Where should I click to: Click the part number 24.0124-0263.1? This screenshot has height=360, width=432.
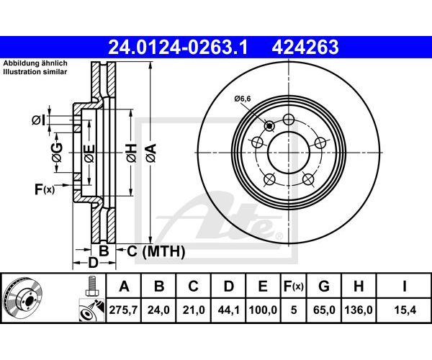(179, 47)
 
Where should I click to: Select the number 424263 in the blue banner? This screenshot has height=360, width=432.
(305, 47)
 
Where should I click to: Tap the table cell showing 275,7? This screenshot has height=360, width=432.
(123, 310)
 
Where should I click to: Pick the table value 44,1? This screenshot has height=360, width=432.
(228, 310)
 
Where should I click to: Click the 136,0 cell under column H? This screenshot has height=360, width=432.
(359, 310)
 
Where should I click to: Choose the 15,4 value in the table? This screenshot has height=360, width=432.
(404, 310)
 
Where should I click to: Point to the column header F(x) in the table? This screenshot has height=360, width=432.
(294, 287)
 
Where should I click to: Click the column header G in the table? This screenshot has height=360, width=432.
(324, 286)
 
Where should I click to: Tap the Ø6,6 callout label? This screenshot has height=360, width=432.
(243, 99)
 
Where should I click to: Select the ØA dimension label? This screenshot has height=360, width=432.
(151, 153)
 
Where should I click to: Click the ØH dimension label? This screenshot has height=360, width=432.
(132, 153)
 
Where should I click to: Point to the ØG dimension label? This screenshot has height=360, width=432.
(57, 153)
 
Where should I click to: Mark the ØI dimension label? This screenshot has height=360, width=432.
(38, 120)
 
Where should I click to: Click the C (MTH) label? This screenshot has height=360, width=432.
(156, 251)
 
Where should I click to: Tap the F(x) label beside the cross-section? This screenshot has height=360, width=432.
(45, 189)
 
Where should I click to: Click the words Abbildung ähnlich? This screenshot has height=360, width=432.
(35, 63)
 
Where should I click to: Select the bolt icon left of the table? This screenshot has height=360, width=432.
(91, 286)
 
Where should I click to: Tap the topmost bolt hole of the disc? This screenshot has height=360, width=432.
(289, 120)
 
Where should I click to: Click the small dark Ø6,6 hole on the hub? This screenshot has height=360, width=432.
(269, 126)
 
